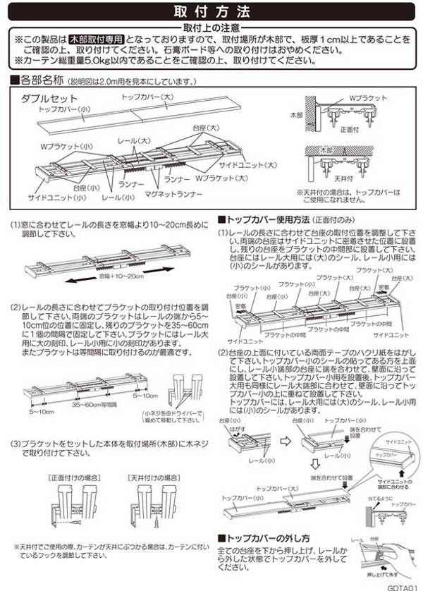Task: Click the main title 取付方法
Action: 211,11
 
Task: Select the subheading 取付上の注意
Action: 211,27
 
